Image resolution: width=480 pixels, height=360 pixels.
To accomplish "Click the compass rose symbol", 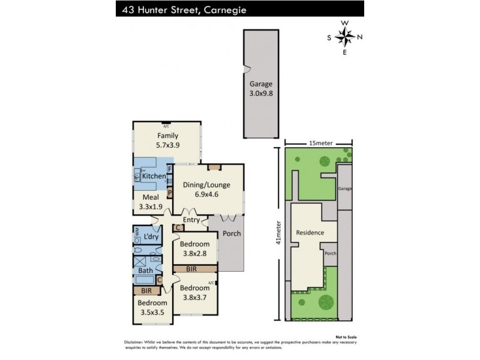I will point(344,37).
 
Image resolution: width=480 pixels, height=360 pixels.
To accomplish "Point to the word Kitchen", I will point(154,175).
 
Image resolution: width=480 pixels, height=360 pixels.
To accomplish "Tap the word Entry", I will point(191,220).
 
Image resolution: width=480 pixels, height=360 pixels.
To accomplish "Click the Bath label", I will point(146,271).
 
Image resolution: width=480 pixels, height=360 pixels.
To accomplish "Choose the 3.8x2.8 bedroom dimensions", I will point(195,253).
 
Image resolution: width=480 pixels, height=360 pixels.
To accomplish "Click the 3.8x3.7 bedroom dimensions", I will point(195,296).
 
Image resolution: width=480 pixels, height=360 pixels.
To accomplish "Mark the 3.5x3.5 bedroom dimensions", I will point(152,312).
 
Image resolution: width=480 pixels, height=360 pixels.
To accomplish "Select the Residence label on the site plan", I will point(310,233).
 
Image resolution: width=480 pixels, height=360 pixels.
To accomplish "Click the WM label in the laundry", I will point(136,230).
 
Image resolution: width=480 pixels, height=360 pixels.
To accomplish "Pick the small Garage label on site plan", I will point(344,188).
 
